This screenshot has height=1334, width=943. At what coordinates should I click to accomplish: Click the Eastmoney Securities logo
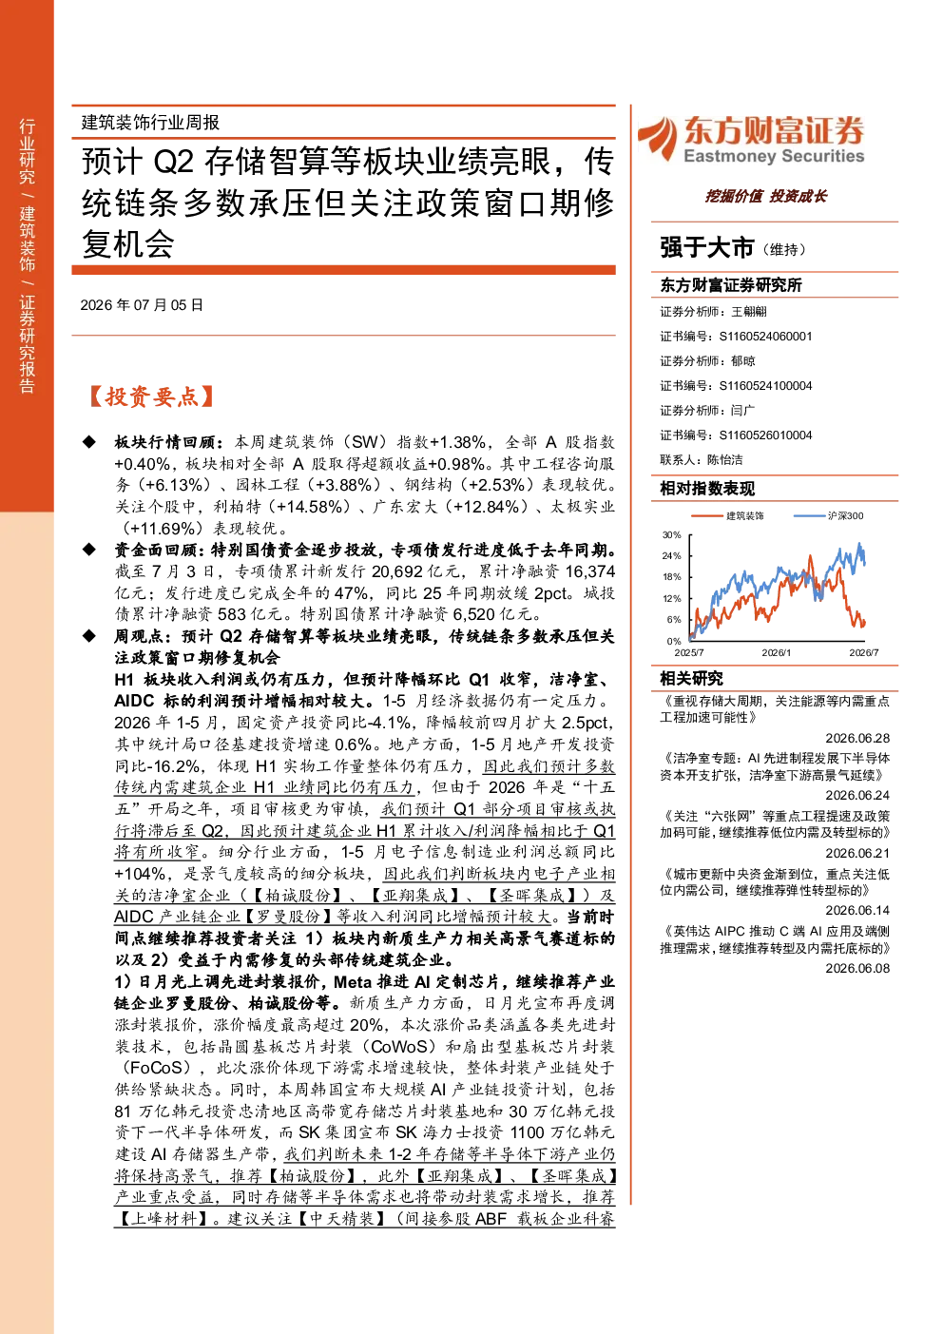pyautogui.click(x=751, y=140)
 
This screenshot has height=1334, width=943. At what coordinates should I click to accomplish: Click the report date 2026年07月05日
pyautogui.click(x=142, y=305)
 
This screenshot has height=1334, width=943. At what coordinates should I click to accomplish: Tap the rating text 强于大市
pyautogui.click(x=706, y=247)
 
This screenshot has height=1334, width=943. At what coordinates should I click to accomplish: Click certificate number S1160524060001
pyautogui.click(x=765, y=336)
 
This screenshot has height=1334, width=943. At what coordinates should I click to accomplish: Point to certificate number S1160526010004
pyautogui.click(x=765, y=435)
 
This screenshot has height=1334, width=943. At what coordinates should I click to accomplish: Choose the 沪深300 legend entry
pyautogui.click(x=829, y=515)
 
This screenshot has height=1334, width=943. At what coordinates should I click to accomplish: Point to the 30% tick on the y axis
pyautogui.click(x=671, y=534)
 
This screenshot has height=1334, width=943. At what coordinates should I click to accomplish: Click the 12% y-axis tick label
pyautogui.click(x=671, y=598)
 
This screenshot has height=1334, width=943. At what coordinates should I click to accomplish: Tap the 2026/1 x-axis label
pyautogui.click(x=777, y=652)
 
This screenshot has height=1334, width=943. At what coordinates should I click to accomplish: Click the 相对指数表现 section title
pyautogui.click(x=707, y=489)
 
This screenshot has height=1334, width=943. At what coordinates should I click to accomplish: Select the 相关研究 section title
pyautogui.click(x=691, y=678)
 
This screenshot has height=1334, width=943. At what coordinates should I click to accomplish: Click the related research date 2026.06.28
pyautogui.click(x=857, y=738)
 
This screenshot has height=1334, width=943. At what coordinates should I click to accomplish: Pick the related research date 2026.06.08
pyautogui.click(x=857, y=968)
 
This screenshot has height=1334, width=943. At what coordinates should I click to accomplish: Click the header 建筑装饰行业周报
pyautogui.click(x=150, y=122)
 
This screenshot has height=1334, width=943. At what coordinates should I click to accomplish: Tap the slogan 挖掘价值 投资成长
pyautogui.click(x=765, y=196)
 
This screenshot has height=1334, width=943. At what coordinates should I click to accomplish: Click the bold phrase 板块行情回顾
pyautogui.click(x=164, y=442)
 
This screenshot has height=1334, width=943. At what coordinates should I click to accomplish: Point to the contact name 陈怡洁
pyautogui.click(x=724, y=460)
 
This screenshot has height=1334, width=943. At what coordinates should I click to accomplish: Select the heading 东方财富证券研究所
pyautogui.click(x=730, y=284)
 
